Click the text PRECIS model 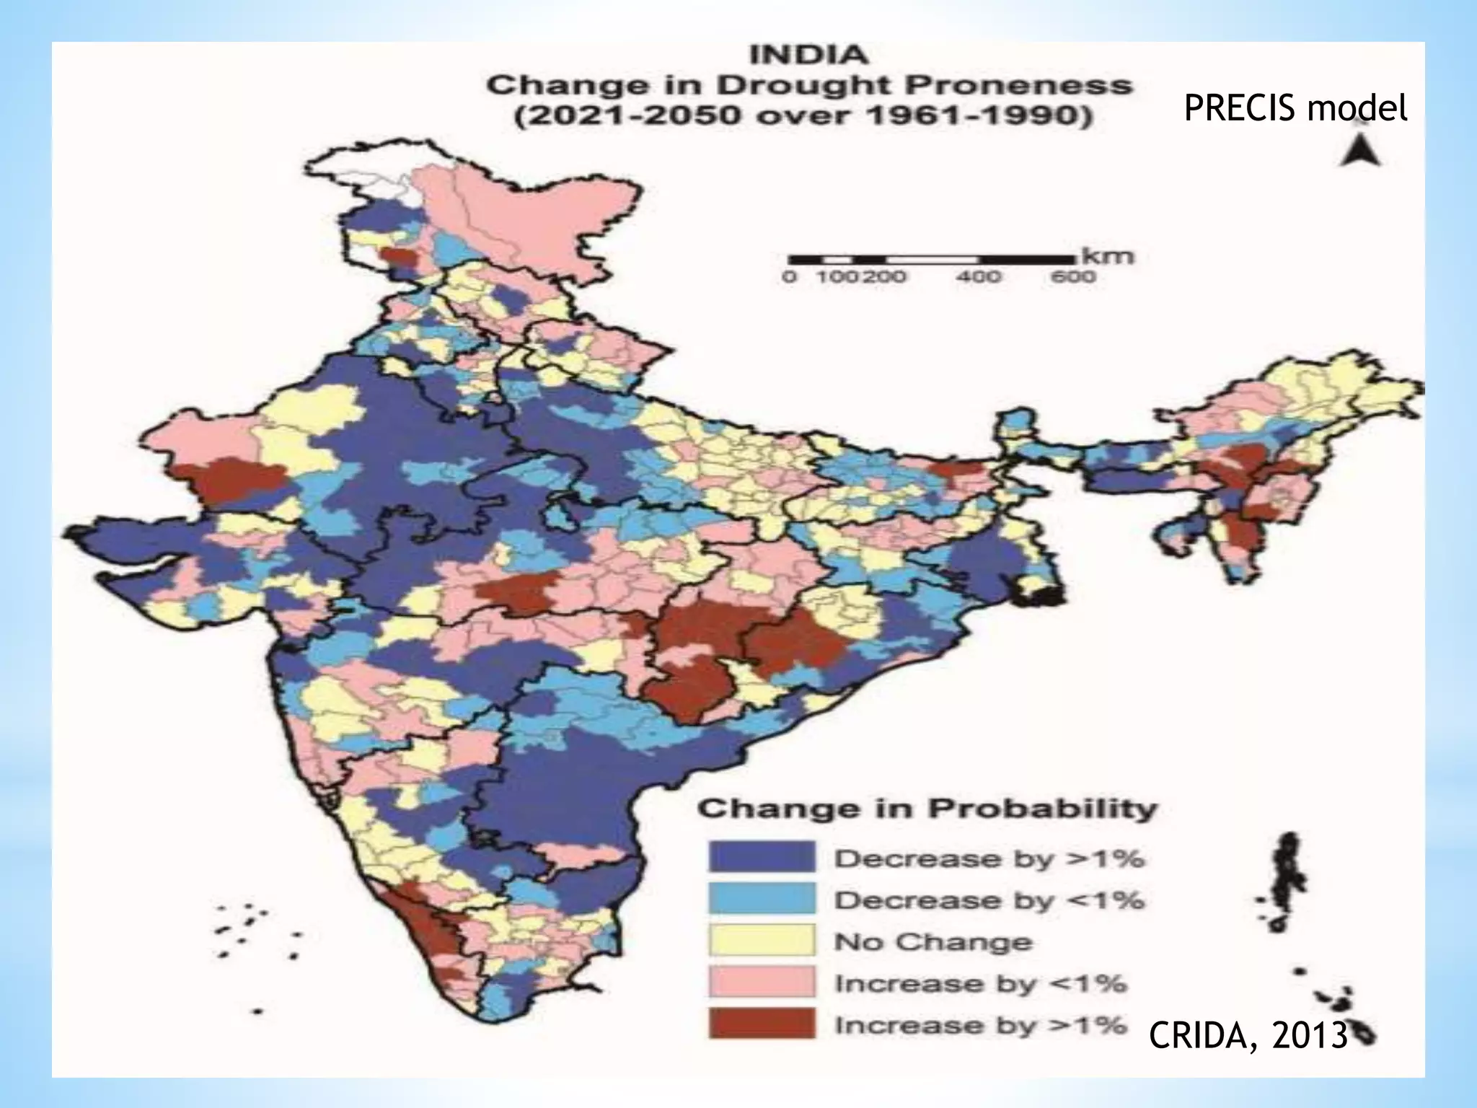coord(1295,109)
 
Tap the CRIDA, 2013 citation coord(1248,1036)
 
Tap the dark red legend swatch coord(762,1024)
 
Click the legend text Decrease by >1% coord(989,859)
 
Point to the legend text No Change coord(933,942)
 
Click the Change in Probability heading coord(927,809)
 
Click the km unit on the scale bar coord(1114,256)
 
